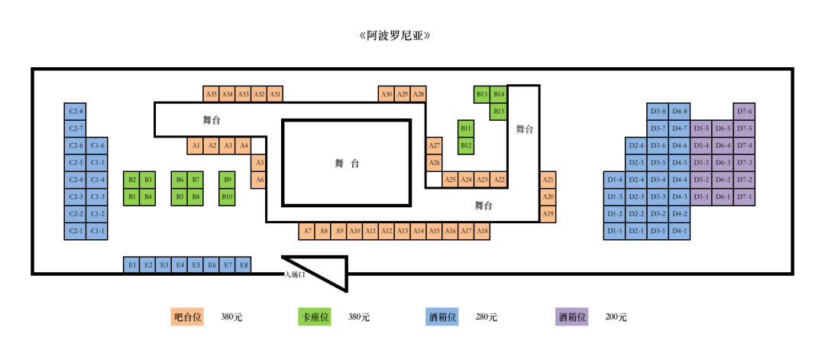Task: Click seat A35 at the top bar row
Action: pyautogui.click(x=212, y=94)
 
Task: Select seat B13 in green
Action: pyautogui.click(x=482, y=94)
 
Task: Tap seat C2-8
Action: pyautogui.click(x=76, y=112)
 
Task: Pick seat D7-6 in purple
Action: pyautogui.click(x=745, y=112)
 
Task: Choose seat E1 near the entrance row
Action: pyautogui.click(x=132, y=265)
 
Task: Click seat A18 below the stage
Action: pyautogui.click(x=482, y=231)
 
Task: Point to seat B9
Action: pyautogui.click(x=227, y=180)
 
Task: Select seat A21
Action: pyautogui.click(x=548, y=180)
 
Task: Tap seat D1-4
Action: pyautogui.click(x=615, y=180)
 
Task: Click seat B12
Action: pyautogui.click(x=466, y=145)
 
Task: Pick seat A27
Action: pyautogui.click(x=434, y=145)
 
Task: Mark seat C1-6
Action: pyautogui.click(x=98, y=145)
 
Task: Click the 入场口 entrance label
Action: pyautogui.click(x=295, y=275)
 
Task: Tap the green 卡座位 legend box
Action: pyautogui.click(x=315, y=316)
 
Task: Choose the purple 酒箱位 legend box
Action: pyautogui.click(x=573, y=316)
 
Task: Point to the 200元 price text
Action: pyautogui.click(x=616, y=317)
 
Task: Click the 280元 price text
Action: pyautogui.click(x=486, y=317)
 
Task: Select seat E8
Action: pyautogui.click(x=244, y=265)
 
